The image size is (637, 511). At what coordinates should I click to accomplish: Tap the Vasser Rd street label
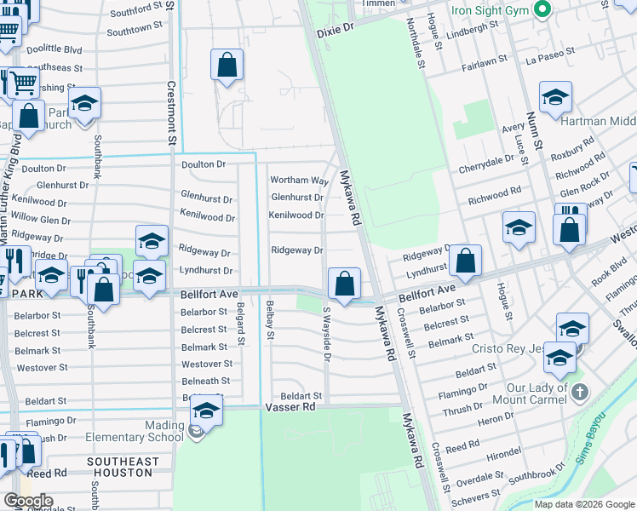tap(292, 407)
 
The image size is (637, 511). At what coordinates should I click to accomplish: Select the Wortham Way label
tap(299, 181)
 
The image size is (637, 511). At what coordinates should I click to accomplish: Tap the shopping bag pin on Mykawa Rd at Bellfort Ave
tap(344, 283)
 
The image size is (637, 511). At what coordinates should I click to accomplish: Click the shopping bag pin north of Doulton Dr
tap(227, 65)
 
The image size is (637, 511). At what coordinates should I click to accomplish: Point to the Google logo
tap(28, 501)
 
